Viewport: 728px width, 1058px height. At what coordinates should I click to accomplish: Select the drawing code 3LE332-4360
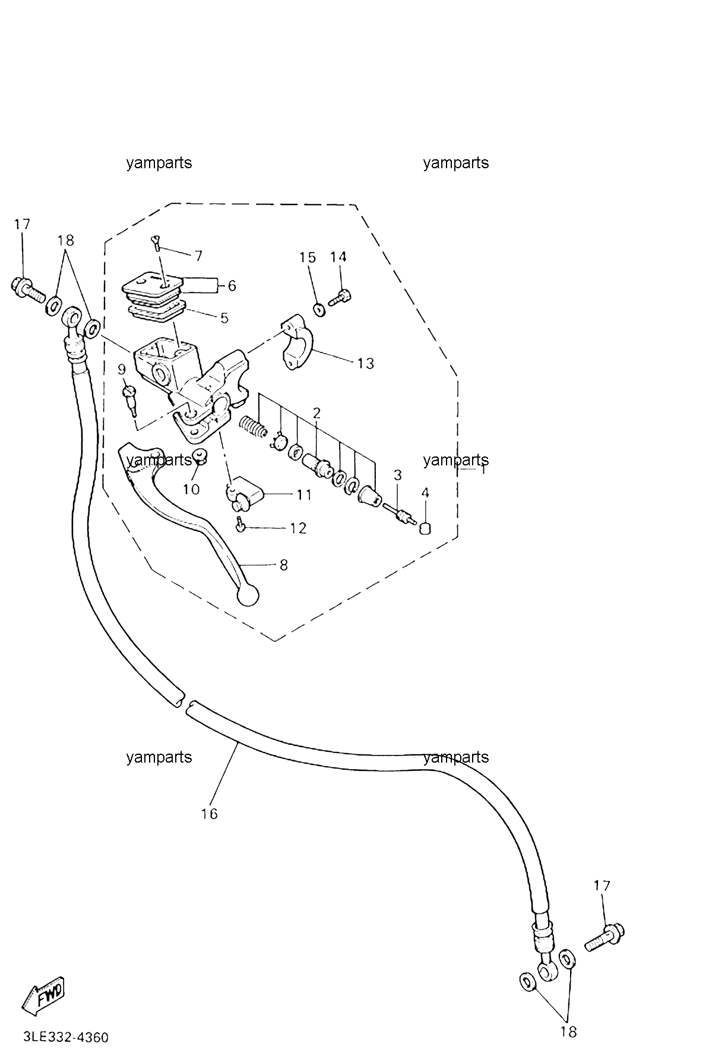pos(66,1038)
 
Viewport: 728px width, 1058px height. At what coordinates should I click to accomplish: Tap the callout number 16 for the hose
pos(209,814)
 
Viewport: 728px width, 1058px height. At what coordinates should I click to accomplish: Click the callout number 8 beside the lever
pos(283,565)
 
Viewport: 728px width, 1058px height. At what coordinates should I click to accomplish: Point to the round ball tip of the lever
pos(248,595)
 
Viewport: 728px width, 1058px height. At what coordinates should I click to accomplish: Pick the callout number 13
pos(366,363)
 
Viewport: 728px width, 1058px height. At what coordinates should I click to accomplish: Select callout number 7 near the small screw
pos(198,256)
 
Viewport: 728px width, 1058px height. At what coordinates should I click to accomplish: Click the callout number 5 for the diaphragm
pos(224,317)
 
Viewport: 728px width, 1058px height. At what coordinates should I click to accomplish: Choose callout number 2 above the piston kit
pos(316,413)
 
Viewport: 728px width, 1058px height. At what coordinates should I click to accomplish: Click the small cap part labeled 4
pos(425,528)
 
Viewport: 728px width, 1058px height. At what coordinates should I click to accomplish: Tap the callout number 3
pos(398,476)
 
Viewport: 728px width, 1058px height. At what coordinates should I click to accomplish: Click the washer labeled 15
pos(319,308)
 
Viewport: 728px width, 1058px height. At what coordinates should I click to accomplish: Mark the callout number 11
pos(304,495)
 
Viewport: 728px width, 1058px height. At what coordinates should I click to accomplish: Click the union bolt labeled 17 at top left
pos(27,289)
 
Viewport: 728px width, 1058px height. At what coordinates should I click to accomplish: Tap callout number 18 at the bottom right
pos(568,1031)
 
